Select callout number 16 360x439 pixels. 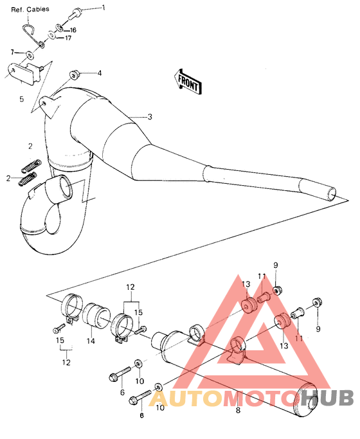[72, 30]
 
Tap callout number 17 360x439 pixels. [67, 38]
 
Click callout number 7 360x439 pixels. [12, 51]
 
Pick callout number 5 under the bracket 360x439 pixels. [21, 99]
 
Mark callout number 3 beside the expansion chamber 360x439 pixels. [150, 117]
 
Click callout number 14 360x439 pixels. [91, 341]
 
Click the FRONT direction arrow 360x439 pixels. [187, 82]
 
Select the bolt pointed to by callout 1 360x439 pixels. [76, 11]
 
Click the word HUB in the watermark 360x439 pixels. [328, 397]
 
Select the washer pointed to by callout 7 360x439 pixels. [30, 53]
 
